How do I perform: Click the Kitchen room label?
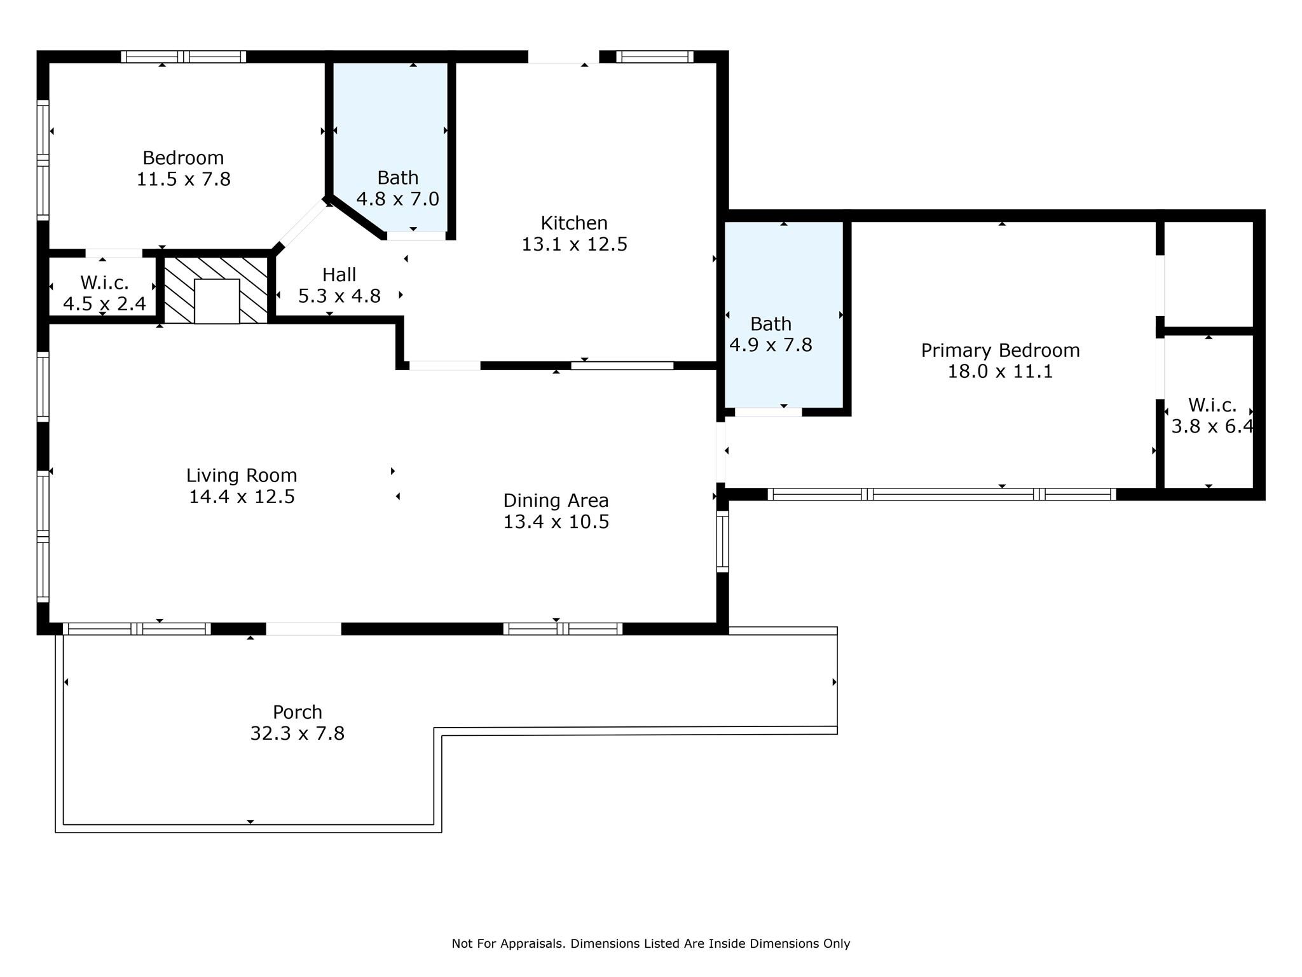[574, 223]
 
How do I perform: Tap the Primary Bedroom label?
[1000, 350]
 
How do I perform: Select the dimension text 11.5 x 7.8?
[183, 179]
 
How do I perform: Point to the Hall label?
[339, 275]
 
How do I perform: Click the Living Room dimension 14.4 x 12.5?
[242, 497]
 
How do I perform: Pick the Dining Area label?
[556, 501]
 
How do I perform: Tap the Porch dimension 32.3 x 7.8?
[298, 733]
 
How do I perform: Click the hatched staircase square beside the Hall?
[216, 289]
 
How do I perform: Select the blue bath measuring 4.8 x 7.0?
[391, 146]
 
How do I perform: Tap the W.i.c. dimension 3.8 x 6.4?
[1212, 426]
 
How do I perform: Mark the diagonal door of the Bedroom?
[302, 225]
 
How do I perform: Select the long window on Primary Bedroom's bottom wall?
[942, 494]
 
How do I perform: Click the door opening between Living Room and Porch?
[303, 628]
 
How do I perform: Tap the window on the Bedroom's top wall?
[184, 57]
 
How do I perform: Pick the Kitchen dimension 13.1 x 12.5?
[574, 245]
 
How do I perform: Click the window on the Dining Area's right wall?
[722, 541]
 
